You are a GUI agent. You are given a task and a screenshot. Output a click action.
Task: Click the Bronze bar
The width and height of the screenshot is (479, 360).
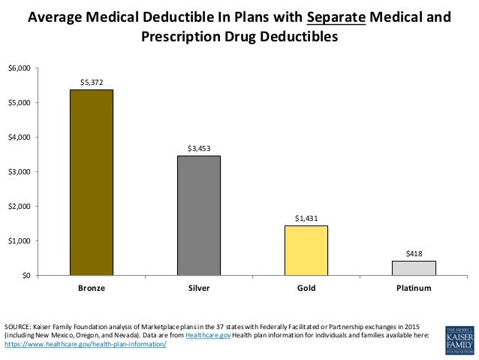(92, 183)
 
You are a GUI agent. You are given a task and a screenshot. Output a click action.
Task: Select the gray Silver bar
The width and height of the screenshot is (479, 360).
(199, 216)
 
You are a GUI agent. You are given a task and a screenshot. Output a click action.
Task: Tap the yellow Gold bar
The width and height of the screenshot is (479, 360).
(306, 250)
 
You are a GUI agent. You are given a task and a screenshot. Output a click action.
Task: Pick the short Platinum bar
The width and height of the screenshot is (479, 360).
(414, 268)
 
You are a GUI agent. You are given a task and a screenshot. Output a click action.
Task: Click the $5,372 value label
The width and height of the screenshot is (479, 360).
(92, 81)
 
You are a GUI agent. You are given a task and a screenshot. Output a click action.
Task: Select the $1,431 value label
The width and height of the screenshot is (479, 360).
(306, 217)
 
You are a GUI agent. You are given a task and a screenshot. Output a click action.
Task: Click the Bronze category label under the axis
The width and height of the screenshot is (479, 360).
(92, 287)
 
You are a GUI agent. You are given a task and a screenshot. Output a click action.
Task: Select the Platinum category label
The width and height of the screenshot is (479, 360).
(414, 287)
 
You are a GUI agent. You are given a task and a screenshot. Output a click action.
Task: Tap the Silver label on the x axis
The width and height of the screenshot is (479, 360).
(199, 287)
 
